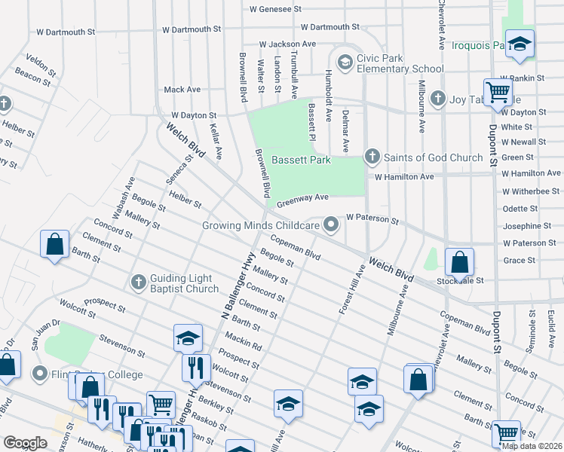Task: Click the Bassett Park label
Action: tap(301, 160)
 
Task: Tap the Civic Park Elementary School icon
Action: tap(345, 61)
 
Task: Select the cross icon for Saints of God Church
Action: tap(372, 157)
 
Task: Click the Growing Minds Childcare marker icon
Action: tap(330, 224)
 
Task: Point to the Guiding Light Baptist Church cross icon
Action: tap(138, 282)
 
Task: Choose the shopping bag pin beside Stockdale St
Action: tap(459, 262)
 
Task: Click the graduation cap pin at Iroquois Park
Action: tap(520, 44)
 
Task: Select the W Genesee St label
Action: tap(275, 10)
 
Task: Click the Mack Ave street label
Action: tap(182, 90)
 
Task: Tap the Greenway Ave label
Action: tap(302, 199)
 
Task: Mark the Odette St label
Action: tap(519, 209)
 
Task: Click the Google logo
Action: tap(25, 443)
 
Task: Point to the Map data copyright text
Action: tap(532, 446)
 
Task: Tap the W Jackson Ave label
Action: tap(287, 45)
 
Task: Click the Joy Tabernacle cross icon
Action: tap(437, 98)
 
